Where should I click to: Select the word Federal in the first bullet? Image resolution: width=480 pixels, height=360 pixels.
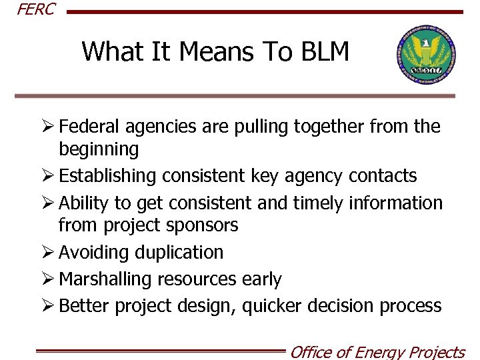tap(93, 126)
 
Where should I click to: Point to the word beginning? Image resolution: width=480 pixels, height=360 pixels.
tap(99, 149)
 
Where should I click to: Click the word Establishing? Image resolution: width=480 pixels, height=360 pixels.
tap(107, 176)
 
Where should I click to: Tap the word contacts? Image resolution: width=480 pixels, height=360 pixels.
tap(383, 176)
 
